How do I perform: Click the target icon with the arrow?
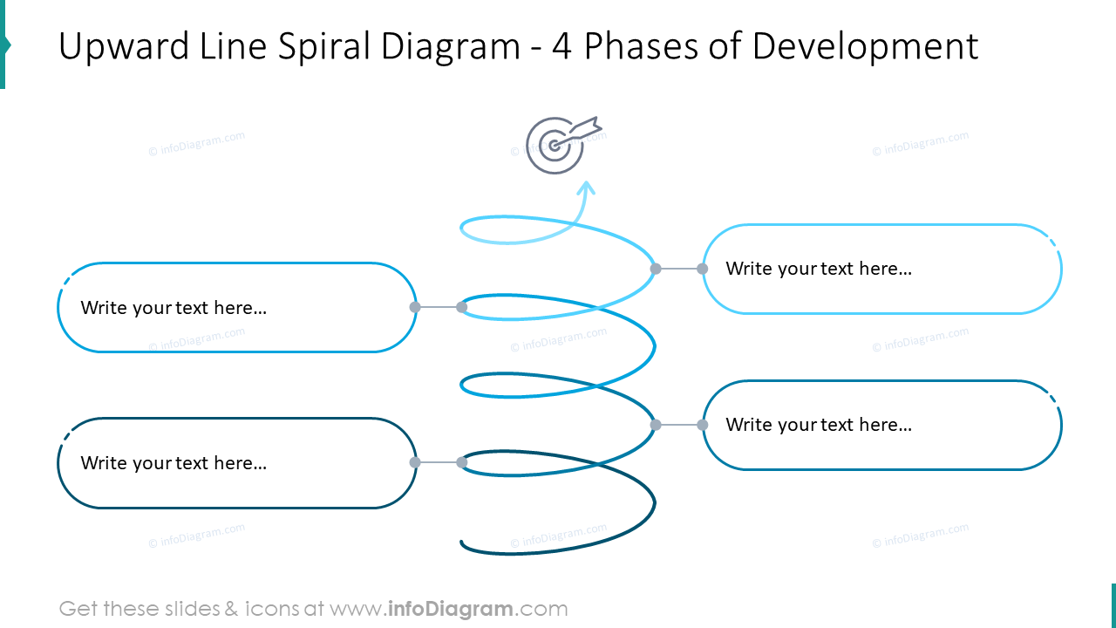point(558,145)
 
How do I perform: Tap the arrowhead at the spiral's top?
point(587,187)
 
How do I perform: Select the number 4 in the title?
point(562,47)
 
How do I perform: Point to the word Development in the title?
point(865,47)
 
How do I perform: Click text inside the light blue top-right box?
point(818,269)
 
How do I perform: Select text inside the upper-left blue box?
point(174,308)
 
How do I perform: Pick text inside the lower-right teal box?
point(818,425)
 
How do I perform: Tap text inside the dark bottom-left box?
point(174,463)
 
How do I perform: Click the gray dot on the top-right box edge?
point(703,269)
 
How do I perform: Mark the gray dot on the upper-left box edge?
point(415,307)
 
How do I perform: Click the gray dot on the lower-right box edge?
point(703,425)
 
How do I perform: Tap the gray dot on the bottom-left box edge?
point(415,462)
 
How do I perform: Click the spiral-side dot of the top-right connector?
point(656,269)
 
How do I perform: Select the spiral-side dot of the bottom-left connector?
point(462,462)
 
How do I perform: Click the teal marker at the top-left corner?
point(3,44)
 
